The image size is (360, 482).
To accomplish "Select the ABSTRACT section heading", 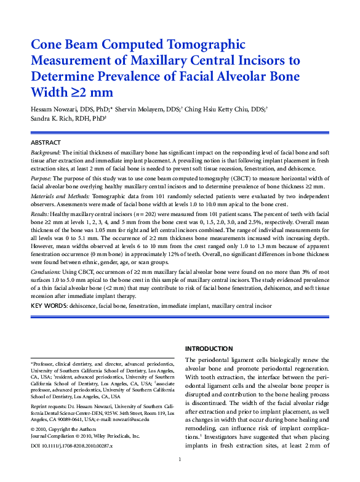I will tap(46, 142).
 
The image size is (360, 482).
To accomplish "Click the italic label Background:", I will tap(46, 151).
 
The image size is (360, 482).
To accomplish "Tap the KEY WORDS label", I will tap(49, 305).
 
